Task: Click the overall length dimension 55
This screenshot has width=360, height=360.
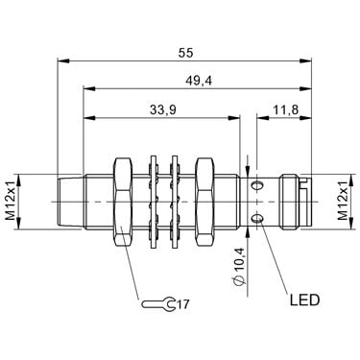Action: pyautogui.click(x=186, y=53)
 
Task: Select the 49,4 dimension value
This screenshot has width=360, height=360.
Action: pyautogui.click(x=199, y=82)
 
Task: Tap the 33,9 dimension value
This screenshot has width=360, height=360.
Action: pyautogui.click(x=163, y=110)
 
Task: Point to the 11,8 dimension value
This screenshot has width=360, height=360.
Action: pyautogui.click(x=285, y=109)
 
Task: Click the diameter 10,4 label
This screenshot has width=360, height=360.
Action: pyautogui.click(x=240, y=266)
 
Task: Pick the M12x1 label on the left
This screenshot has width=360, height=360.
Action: pyautogui.click(x=11, y=201)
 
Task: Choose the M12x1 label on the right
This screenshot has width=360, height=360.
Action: pyautogui.click(x=343, y=201)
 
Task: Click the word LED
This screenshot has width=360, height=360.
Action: pyautogui.click(x=304, y=300)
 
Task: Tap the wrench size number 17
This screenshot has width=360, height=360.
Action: pyautogui.click(x=182, y=304)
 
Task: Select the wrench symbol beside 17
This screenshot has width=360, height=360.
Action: pyautogui.click(x=158, y=303)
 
